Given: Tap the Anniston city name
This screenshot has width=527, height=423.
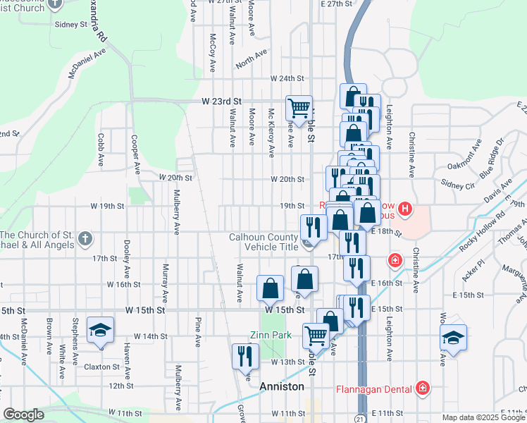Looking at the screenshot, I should (x=282, y=387).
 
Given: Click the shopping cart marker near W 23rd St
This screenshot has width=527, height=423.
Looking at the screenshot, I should (x=299, y=108).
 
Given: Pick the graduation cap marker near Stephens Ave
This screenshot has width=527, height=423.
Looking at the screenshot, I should (x=100, y=330).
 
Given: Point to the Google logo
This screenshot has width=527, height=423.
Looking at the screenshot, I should (x=24, y=415).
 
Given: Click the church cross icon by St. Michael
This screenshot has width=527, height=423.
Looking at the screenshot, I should (x=85, y=236).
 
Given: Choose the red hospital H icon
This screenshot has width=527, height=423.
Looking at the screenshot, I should (x=404, y=209).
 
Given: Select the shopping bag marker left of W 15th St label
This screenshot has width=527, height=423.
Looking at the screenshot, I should (x=270, y=288).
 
